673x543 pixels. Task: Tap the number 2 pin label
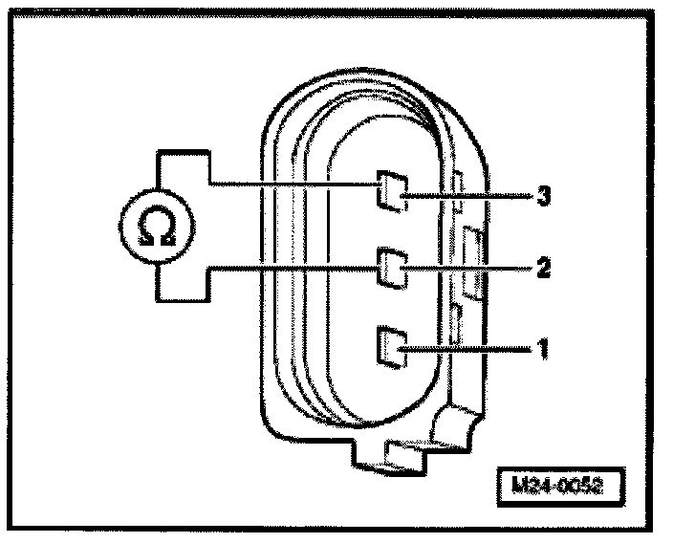pos(542,269)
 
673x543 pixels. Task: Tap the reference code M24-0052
pos(557,484)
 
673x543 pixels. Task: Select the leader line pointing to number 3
pos(468,197)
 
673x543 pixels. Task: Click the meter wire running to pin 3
pos(287,183)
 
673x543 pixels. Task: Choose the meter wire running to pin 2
pos(287,271)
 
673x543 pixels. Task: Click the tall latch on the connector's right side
pos(470,258)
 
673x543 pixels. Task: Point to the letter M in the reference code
pos(517,484)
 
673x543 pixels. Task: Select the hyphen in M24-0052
pos(554,485)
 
